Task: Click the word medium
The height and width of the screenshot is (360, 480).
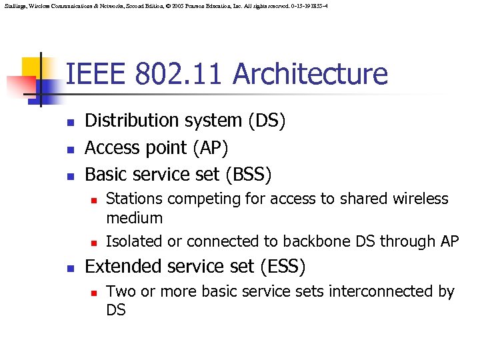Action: tap(134, 218)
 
